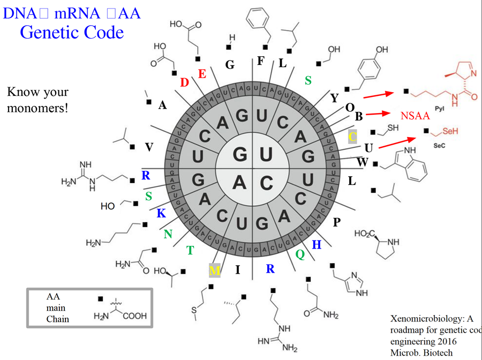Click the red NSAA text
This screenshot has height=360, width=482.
pos(416,116)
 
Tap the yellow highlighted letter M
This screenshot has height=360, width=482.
pos(214,271)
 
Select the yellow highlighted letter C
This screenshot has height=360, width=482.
pos(352,136)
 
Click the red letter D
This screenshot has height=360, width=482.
pos(184,82)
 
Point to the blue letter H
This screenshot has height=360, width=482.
pos(317,244)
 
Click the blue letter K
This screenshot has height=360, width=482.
pos(161,214)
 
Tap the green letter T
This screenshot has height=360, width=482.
pos(190,250)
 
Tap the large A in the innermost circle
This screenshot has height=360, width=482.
pos(239,183)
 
